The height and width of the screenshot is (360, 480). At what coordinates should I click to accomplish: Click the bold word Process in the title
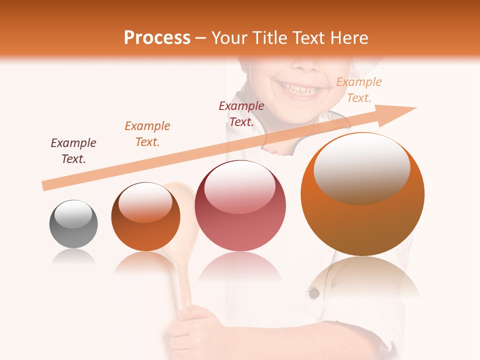click(157, 38)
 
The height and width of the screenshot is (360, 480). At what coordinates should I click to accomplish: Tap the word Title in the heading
click(270, 38)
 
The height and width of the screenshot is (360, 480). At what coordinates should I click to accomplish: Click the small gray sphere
click(73, 224)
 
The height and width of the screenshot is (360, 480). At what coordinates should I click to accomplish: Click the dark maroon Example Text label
click(241, 114)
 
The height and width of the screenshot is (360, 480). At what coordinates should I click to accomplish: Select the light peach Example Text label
click(358, 90)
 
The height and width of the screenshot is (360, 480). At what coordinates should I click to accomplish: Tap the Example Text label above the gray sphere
click(73, 151)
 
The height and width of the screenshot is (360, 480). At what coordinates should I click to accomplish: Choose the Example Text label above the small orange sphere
click(147, 134)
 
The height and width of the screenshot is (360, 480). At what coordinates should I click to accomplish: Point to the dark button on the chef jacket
click(313, 293)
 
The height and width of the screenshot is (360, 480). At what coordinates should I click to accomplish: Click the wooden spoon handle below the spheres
click(184, 285)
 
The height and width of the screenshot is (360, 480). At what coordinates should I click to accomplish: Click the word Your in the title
click(230, 38)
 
